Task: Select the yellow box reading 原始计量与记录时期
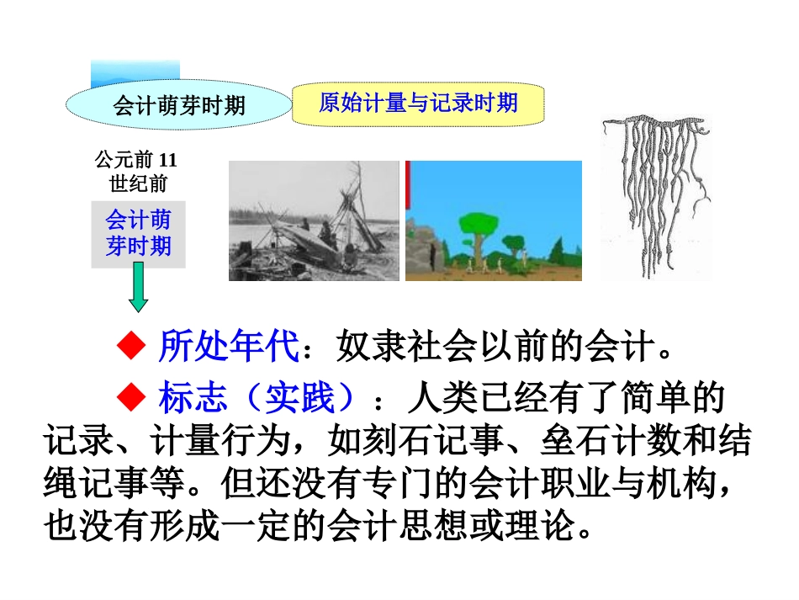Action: [417, 104]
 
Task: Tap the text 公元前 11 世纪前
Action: [137, 172]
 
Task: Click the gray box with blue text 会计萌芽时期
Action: [138, 234]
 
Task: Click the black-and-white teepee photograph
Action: [314, 220]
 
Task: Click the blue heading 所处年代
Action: [227, 346]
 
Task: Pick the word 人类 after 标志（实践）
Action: [437, 398]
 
